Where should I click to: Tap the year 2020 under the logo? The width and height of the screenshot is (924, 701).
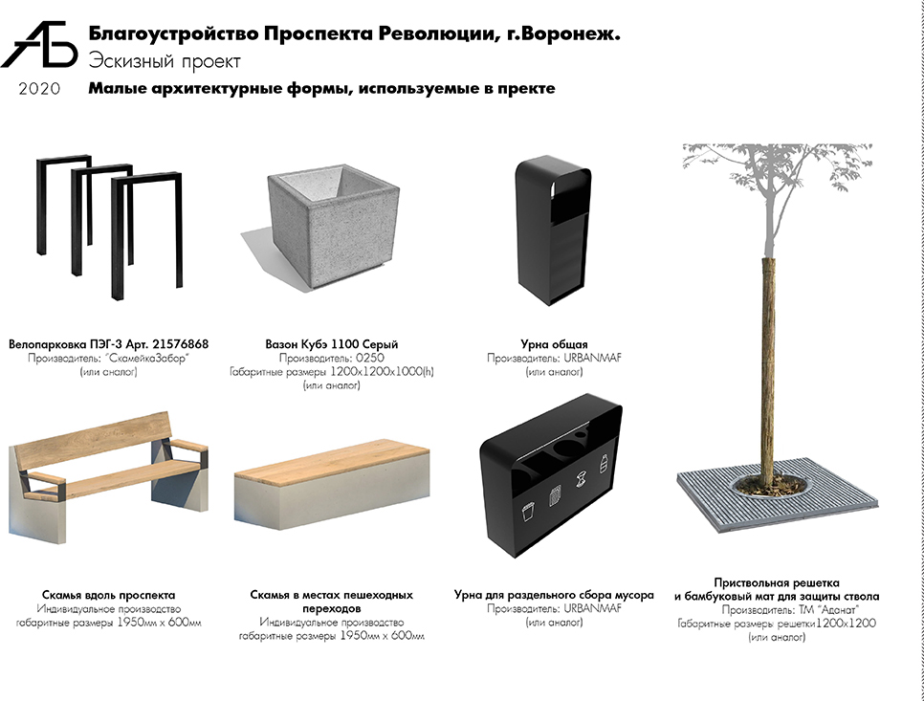click(x=39, y=89)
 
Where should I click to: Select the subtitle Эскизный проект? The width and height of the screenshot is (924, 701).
click(x=165, y=61)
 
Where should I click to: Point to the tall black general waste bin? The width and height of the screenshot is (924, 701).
click(x=552, y=230)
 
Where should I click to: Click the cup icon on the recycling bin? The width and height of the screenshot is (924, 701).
click(x=528, y=511)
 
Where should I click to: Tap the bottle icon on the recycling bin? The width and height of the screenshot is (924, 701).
click(x=604, y=464)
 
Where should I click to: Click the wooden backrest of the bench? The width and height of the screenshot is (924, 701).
click(x=95, y=444)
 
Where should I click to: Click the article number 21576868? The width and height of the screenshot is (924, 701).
click(x=180, y=344)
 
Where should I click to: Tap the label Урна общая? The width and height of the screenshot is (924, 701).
click(x=554, y=344)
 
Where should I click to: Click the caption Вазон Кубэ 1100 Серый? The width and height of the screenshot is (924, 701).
click(x=332, y=344)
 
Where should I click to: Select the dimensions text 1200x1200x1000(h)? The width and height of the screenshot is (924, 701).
click(x=382, y=372)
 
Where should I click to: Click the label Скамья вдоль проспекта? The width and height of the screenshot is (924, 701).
click(x=108, y=595)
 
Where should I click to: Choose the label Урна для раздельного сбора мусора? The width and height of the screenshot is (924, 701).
click(x=554, y=595)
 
